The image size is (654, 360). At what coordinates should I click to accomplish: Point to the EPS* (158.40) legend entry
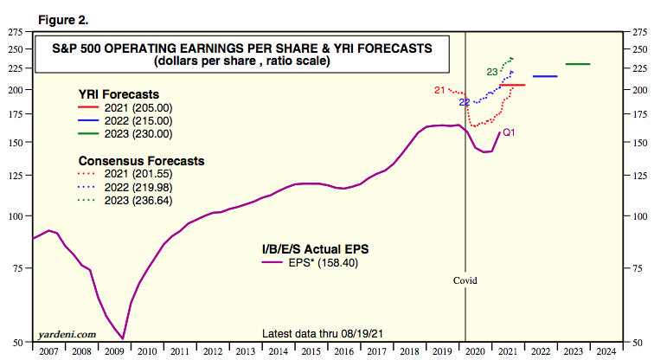click(319, 264)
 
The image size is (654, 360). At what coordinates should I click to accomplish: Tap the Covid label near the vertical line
click(465, 281)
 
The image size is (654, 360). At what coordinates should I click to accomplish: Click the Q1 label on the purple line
click(510, 132)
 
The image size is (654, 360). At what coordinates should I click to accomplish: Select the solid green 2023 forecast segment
click(578, 64)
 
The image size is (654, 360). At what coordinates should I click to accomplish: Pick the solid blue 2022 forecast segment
click(545, 77)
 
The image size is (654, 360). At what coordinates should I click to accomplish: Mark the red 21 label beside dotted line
click(439, 90)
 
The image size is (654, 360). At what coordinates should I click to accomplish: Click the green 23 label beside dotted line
click(491, 72)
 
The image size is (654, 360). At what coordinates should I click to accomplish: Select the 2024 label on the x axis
click(606, 351)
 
